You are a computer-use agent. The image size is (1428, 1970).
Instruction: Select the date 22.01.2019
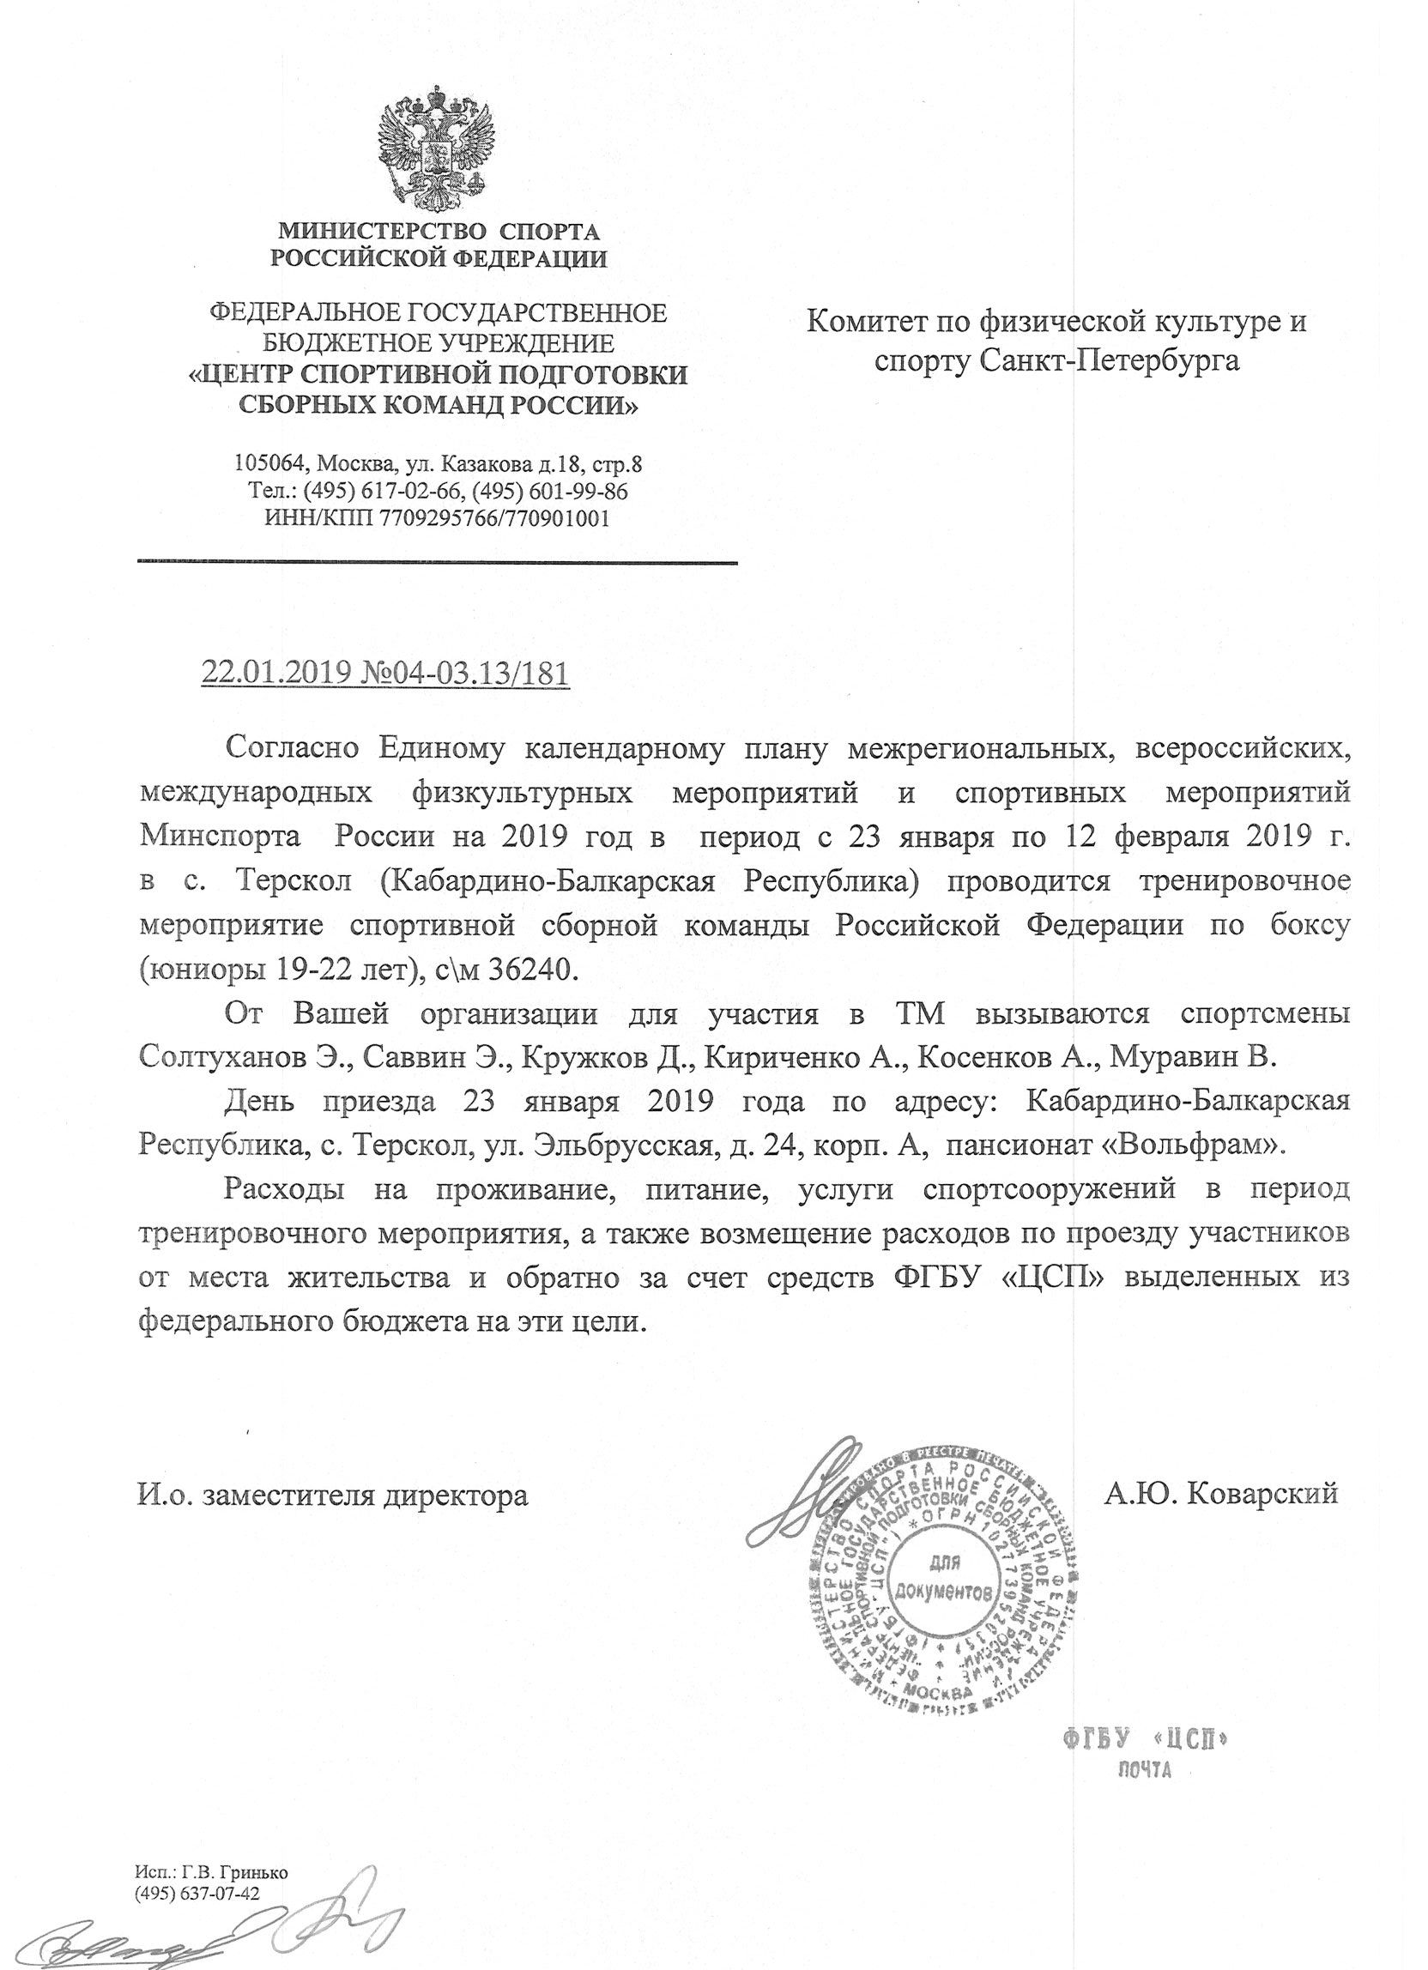(x=275, y=674)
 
